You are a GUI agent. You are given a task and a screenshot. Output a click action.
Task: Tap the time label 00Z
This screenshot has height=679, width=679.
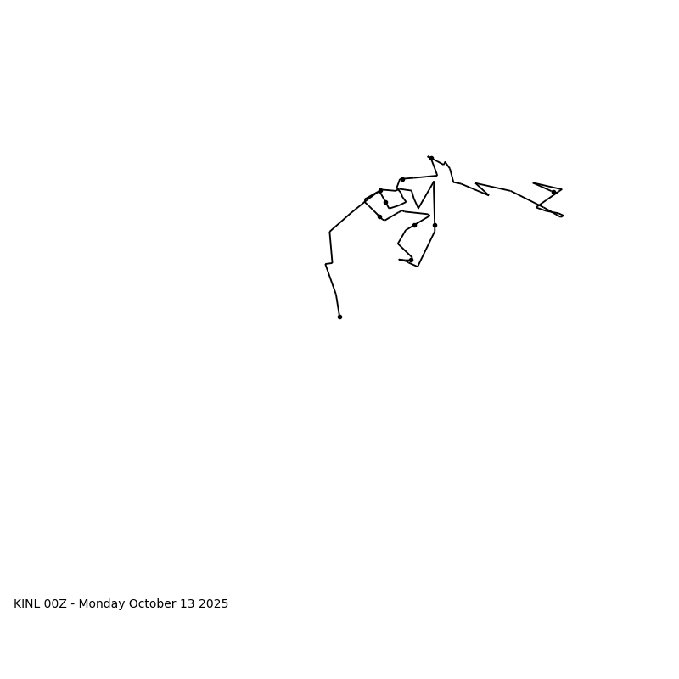55,604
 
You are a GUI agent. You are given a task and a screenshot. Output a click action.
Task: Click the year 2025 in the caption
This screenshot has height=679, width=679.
213,604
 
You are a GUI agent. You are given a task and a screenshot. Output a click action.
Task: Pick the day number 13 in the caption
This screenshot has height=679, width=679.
188,604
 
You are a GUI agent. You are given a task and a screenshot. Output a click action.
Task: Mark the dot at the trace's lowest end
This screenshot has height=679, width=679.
339,317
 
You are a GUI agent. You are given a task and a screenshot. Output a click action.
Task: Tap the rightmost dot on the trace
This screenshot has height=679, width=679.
553,192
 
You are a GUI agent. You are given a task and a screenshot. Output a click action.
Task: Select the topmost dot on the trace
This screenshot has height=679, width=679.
431,158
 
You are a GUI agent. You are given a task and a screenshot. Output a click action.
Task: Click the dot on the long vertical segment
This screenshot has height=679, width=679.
435,225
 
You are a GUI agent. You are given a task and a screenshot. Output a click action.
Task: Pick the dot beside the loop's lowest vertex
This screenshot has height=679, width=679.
411,260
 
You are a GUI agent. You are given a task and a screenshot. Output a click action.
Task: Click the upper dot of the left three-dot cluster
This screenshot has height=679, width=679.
380,190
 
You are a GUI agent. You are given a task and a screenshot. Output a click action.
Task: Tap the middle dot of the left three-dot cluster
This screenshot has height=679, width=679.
385,202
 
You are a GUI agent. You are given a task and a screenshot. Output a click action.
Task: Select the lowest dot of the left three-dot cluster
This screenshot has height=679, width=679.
379,216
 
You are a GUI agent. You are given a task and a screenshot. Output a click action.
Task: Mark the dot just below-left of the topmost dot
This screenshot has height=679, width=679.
402,179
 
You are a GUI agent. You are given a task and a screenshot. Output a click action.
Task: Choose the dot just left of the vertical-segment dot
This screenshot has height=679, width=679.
414,225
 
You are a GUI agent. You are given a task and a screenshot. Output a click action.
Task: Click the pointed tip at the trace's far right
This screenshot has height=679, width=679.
562,216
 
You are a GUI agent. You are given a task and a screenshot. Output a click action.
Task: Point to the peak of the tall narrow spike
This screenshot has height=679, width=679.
434,182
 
